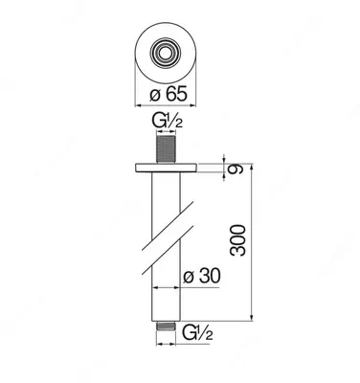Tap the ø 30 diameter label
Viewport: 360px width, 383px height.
coord(201,276)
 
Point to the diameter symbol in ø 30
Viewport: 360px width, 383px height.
coord(188,276)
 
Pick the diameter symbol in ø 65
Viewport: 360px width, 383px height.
coord(154,94)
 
